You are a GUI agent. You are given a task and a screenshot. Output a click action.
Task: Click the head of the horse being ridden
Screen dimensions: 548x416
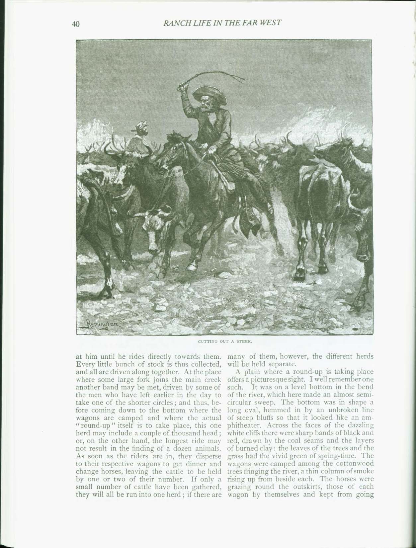point(173,146)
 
